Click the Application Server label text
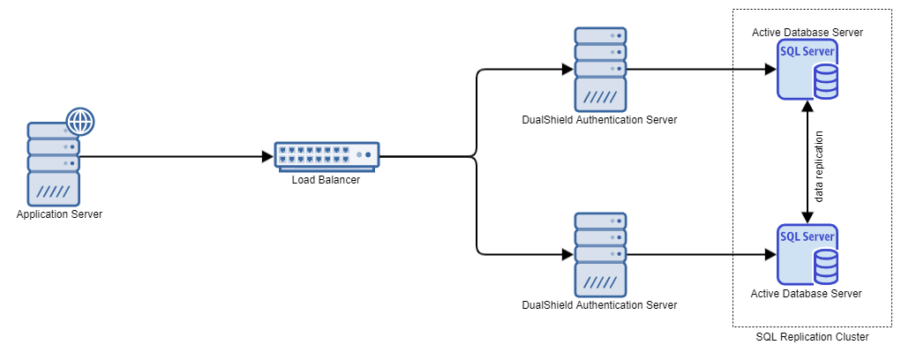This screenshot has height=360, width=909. point(59,214)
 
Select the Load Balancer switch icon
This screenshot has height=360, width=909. point(326,155)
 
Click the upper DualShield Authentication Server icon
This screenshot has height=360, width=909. point(600,68)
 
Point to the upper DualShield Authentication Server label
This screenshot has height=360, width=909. point(599,120)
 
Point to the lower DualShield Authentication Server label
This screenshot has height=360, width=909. point(599,305)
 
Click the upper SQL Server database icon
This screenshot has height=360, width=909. point(807,70)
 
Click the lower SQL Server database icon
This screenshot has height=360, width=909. point(807,255)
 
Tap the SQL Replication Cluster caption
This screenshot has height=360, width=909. point(813,337)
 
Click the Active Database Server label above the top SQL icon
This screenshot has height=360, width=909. point(807,32)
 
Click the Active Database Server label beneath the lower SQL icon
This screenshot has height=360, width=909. point(806,293)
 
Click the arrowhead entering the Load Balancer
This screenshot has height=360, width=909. point(268,158)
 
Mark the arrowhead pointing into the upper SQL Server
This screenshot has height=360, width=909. point(770,69)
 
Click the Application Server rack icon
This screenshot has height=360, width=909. point(53,164)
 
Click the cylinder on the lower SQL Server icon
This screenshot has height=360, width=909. point(825,264)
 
